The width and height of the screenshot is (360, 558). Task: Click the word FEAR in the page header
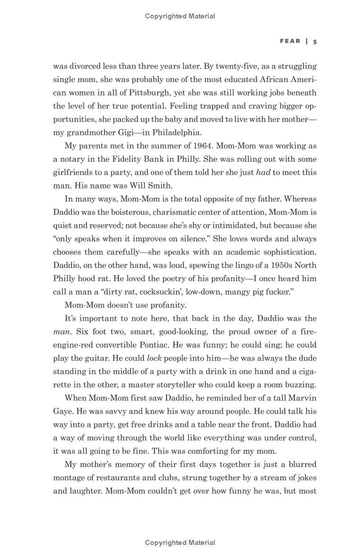tap(290, 41)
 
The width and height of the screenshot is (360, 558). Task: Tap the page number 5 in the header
tap(315, 41)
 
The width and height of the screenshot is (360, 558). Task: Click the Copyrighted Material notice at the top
tap(180, 16)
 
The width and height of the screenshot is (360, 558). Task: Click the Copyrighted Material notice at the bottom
tap(180, 543)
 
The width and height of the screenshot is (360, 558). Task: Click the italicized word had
tap(263, 172)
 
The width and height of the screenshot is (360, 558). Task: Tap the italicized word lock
tap(154, 358)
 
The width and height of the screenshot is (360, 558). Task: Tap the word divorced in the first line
tap(84, 66)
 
